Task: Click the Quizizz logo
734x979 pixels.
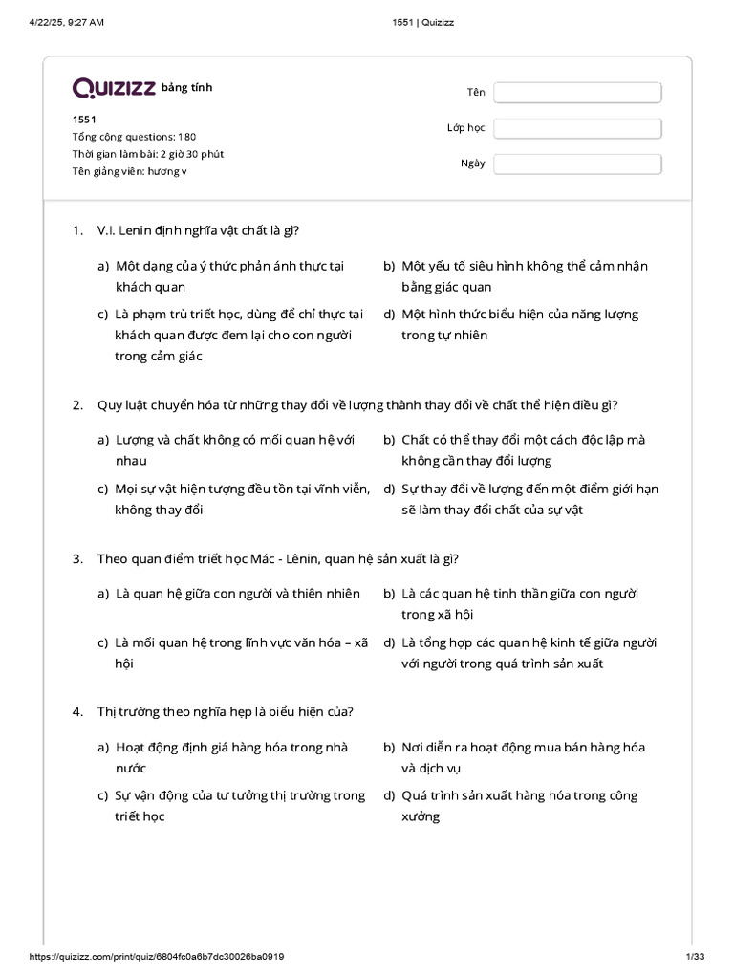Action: pos(114,89)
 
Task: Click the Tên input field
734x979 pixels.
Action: pos(577,92)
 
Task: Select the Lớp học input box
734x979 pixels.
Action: pos(577,128)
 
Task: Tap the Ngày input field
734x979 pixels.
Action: pos(577,163)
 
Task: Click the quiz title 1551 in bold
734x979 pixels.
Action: pos(84,120)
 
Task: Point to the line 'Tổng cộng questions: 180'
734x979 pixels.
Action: pos(134,137)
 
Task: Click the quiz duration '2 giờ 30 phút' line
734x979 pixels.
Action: pos(148,154)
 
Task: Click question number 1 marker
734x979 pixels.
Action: pos(77,229)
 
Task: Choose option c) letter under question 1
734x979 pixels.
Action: pos(102,315)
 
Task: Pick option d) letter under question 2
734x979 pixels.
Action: pos(389,489)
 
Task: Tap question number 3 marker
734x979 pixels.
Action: pos(77,558)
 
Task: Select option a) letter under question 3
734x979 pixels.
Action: pos(102,594)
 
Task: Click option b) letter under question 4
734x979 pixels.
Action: pos(389,748)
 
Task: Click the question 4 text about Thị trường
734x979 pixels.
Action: pos(226,711)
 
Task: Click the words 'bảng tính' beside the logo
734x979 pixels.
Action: pos(187,88)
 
